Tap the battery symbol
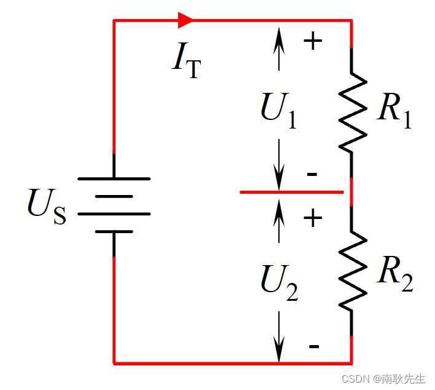pyautogui.click(x=114, y=205)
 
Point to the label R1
pyautogui.click(x=394, y=111)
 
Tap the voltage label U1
pyautogui.click(x=278, y=111)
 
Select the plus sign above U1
pyautogui.click(x=313, y=41)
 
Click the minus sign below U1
pyautogui.click(x=312, y=175)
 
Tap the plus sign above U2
pyautogui.click(x=313, y=218)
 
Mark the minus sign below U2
pyautogui.click(x=313, y=346)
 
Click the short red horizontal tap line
pyautogui.click(x=291, y=192)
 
